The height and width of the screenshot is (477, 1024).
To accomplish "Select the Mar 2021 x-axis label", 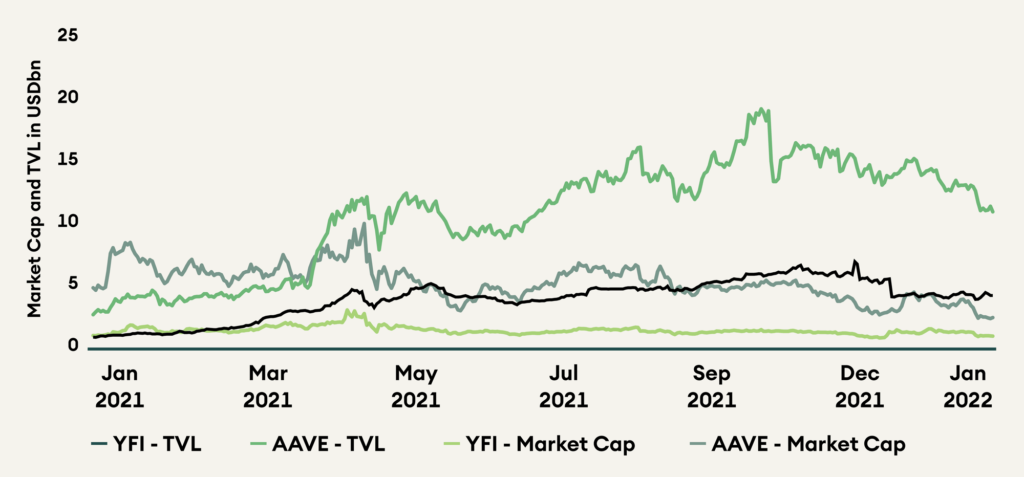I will coord(268,388).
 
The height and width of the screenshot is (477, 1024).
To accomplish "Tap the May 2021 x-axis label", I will coord(417,388).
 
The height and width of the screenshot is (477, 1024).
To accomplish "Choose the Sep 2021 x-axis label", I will coord(712,388).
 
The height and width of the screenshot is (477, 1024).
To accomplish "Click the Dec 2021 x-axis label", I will coord(860,388).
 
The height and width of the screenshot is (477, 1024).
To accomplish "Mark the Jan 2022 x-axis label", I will coord(968,388).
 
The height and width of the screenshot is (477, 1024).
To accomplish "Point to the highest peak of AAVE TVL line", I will coord(763,109).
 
